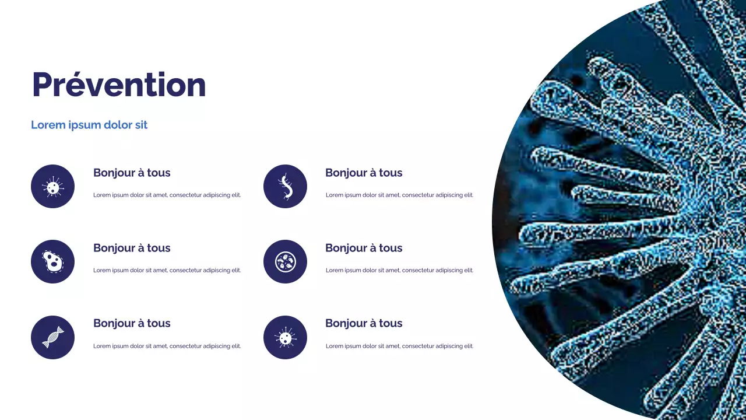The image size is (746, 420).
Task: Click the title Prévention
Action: pos(119,85)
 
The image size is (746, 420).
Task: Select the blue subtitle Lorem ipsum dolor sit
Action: pos(89,125)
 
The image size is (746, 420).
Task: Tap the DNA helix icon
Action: pos(52,337)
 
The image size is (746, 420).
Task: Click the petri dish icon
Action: pos(285,262)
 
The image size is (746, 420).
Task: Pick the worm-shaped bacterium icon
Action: pos(285,186)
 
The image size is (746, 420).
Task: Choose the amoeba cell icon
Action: pos(52,262)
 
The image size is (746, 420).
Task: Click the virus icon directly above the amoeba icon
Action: pos(52,187)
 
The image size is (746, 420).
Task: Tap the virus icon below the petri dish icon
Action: pos(285,337)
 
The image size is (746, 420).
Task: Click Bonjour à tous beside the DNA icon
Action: pos(132,323)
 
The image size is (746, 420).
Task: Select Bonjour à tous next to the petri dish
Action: pos(364,248)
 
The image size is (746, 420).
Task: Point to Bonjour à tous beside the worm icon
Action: pos(364,173)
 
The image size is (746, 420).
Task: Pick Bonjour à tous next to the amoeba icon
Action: pos(132,248)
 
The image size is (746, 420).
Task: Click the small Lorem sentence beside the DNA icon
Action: pos(167,346)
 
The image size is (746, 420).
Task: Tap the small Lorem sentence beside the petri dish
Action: pos(399,270)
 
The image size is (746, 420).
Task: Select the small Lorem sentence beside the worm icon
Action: pos(399,195)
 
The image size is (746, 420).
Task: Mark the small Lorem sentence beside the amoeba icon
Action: pos(167,270)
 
